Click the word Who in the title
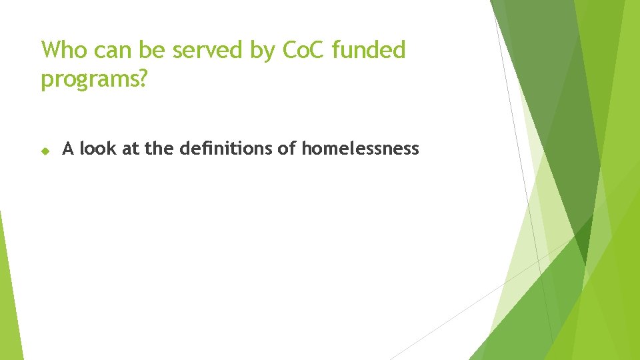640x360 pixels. click(63, 50)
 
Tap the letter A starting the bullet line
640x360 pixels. click(67, 149)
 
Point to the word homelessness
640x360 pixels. click(360, 149)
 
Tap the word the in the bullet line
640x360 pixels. click(159, 149)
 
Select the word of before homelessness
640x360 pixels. click(287, 149)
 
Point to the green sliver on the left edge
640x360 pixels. click(9, 293)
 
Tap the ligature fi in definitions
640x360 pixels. click(211, 149)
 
